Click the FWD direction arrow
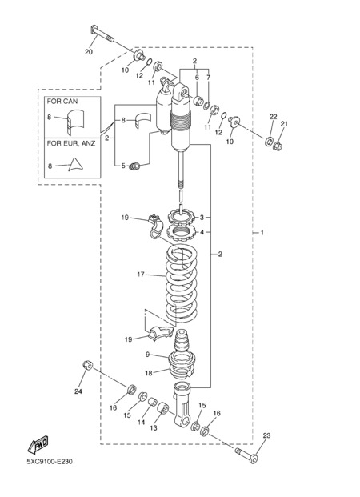[38, 444]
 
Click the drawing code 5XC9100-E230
[50, 462]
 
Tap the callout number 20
[89, 52]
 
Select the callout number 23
[267, 435]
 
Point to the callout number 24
[78, 391]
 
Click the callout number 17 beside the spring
[141, 275]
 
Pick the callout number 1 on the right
[262, 233]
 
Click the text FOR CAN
[62, 102]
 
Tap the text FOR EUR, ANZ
[71, 143]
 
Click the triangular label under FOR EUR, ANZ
[75, 165]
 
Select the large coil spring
[182, 284]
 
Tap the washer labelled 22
[270, 141]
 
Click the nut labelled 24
[87, 366]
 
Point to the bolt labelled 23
[246, 455]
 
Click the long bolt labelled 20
[102, 34]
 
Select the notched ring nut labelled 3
[181, 216]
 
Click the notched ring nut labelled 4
[181, 232]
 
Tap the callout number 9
[147, 355]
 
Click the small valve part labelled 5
[135, 166]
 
